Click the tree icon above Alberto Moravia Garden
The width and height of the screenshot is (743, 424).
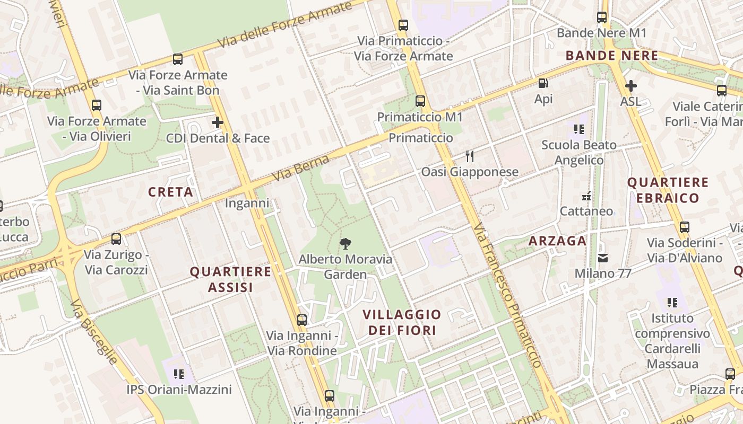(x=345, y=244)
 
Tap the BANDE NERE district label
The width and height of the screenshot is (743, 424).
(x=611, y=56)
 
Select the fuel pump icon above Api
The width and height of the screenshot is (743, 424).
(x=543, y=83)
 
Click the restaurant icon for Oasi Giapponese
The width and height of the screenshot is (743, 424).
(x=469, y=156)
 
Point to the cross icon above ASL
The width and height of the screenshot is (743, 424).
(x=630, y=85)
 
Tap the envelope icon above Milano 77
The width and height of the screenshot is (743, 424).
(x=603, y=258)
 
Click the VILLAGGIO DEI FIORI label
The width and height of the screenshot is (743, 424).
(x=402, y=322)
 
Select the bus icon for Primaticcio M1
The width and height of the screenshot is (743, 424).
(x=420, y=101)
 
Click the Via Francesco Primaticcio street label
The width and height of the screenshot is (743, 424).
(x=508, y=295)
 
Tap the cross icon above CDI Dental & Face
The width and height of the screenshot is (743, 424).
(x=218, y=123)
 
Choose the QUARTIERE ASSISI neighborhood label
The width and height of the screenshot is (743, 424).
(x=230, y=279)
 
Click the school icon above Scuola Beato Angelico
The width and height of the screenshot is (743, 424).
(x=578, y=129)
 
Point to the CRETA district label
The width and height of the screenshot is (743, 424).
(x=170, y=192)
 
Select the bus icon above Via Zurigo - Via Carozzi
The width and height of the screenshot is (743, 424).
(x=116, y=239)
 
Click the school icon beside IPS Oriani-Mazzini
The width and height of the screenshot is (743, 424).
(x=179, y=374)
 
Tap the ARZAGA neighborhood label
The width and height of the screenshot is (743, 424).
(x=557, y=241)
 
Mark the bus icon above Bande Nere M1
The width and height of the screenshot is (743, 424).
(x=601, y=17)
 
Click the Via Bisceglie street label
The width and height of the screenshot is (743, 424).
(x=94, y=332)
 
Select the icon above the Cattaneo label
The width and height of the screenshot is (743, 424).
(x=586, y=196)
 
